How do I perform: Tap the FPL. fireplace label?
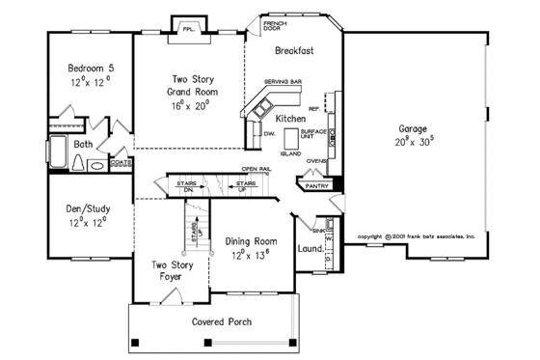pos(188,29)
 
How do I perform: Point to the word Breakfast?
pos(296,47)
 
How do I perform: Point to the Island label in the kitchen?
pos(290,152)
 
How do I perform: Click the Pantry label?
pos(317,184)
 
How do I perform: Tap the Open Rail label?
pos(256,170)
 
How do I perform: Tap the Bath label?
pos(83,145)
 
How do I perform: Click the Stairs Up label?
pos(247,184)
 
